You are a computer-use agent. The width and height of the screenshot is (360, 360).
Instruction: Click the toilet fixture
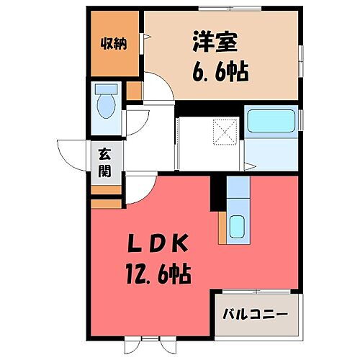[x=106, y=102]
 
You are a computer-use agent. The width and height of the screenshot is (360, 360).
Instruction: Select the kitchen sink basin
[x=238, y=228]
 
